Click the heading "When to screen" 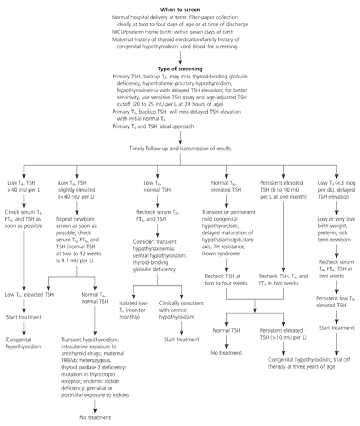[180, 10]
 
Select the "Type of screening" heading [180, 69]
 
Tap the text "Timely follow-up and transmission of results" [180, 149]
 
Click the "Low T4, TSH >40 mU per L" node [24, 186]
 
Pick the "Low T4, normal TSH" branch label [157, 186]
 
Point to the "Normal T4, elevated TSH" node [226, 186]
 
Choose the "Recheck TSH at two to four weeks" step [226, 280]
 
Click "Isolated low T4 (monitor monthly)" [133, 310]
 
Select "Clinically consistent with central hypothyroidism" [181, 310]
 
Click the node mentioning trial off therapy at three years [309, 363]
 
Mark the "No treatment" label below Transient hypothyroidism [95, 417]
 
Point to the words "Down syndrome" [221, 254]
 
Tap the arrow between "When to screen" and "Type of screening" [180, 57]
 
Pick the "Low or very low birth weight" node [334, 229]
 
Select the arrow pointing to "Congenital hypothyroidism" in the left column [24, 328]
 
